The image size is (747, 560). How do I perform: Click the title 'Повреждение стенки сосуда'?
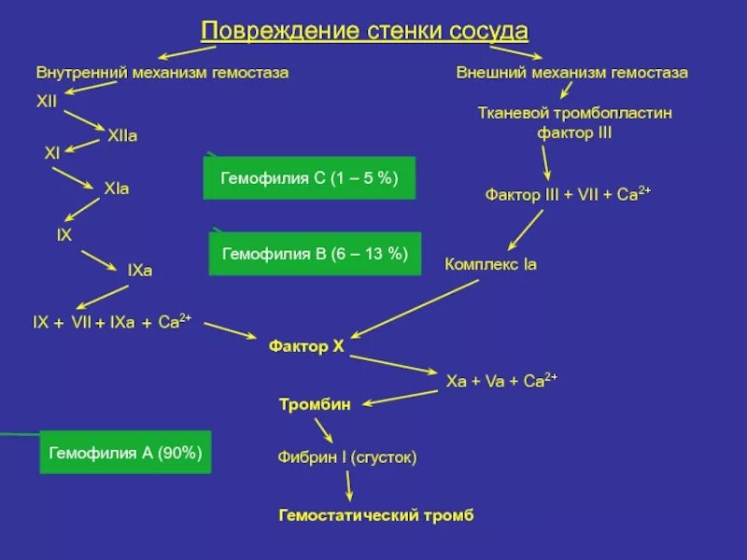coord(364,32)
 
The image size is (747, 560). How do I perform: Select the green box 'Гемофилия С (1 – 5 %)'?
coord(309,177)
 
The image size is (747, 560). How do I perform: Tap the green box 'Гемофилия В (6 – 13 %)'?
coord(315,253)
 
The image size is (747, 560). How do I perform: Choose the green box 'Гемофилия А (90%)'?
coord(126,453)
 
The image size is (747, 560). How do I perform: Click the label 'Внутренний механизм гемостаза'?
coord(162,72)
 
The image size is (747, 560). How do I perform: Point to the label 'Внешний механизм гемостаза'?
coord(572,72)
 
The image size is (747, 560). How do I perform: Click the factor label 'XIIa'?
coord(122,136)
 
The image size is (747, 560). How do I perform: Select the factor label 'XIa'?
coord(117,189)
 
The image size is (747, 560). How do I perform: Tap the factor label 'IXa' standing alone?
coord(139,271)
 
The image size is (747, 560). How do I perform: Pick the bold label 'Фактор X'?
coord(306,346)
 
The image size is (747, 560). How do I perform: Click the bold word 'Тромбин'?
coord(315,404)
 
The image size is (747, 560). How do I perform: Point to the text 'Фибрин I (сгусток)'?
coord(346,457)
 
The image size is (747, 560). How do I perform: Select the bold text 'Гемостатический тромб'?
coord(376,515)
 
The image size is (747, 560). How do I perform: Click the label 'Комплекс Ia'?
coord(490,264)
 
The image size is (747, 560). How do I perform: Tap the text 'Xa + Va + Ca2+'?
coord(501,381)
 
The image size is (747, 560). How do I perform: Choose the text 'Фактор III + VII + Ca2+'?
coord(567,194)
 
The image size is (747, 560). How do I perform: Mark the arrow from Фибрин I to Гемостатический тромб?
coord(348,485)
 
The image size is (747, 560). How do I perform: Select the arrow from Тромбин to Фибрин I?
coord(324,428)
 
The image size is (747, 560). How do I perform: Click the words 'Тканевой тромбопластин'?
coord(574,112)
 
